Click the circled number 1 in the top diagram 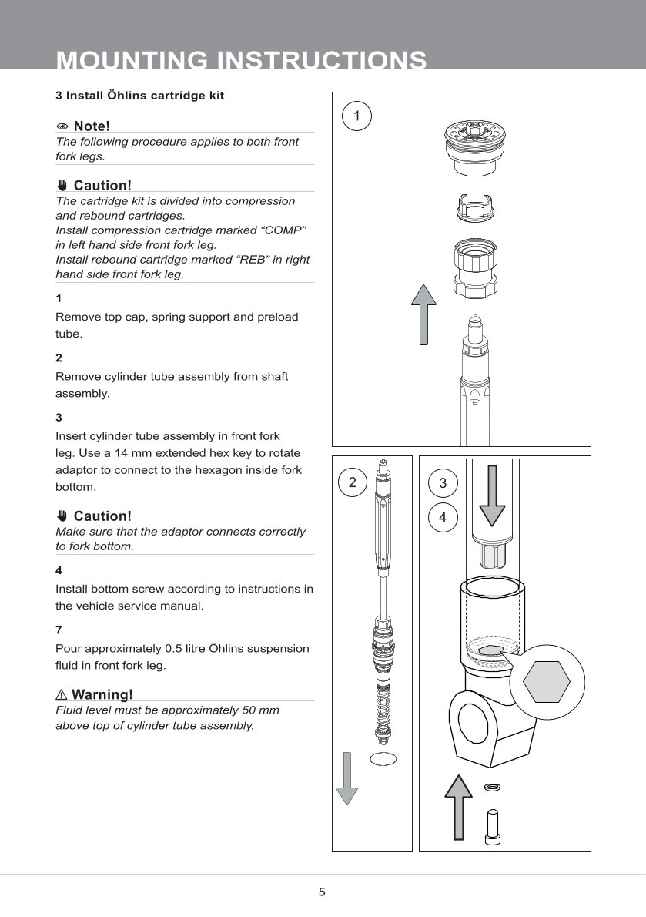(x=356, y=116)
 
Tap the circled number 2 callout (x=352, y=482)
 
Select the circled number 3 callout (x=443, y=483)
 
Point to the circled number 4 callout (x=443, y=517)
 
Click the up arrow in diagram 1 (x=423, y=314)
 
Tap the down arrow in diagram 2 (x=347, y=778)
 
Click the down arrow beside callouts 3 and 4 (x=492, y=496)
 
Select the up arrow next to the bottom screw (x=458, y=807)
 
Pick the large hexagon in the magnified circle (x=546, y=682)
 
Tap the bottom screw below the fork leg (x=492, y=827)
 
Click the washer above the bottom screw (x=492, y=787)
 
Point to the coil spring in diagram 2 (x=383, y=709)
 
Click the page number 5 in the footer (x=322, y=892)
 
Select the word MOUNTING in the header (x=132, y=60)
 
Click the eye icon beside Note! (x=62, y=126)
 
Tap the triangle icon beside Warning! (x=62, y=695)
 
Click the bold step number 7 (x=59, y=630)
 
